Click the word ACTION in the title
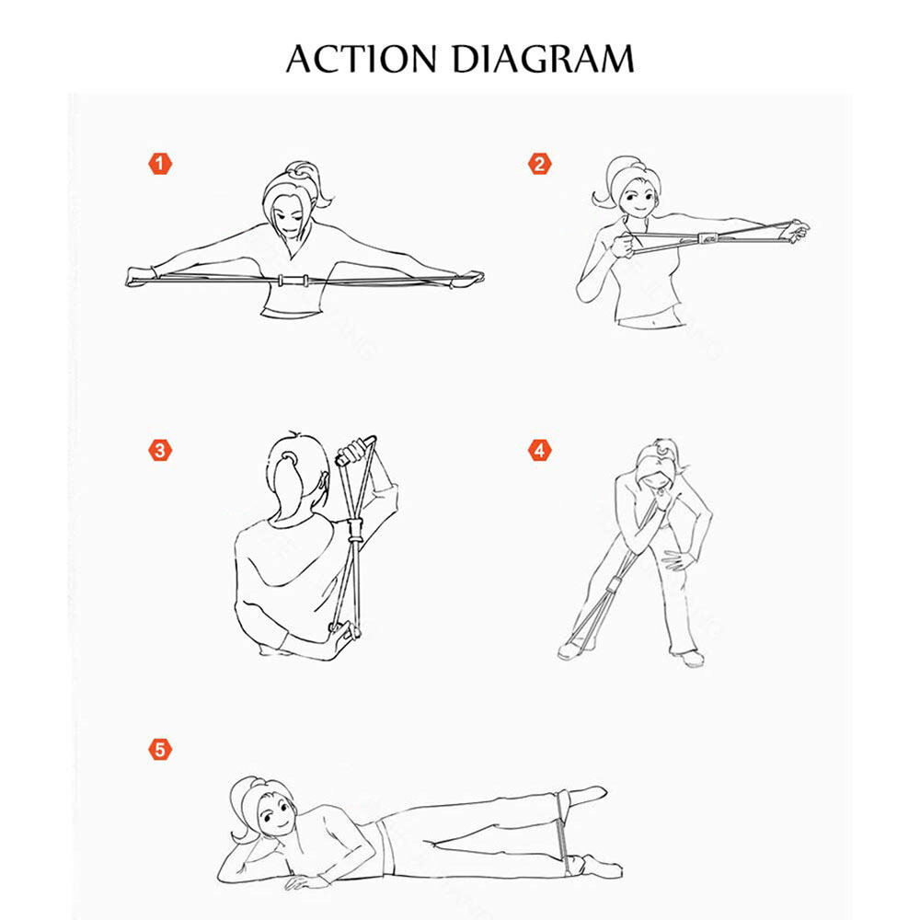(x=362, y=59)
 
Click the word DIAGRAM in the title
(x=544, y=59)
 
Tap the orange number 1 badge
(x=160, y=164)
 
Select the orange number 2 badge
(x=540, y=164)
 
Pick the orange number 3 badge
(x=160, y=451)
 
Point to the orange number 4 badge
(x=540, y=451)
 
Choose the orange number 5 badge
(x=160, y=750)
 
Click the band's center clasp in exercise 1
(x=293, y=280)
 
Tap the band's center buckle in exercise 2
(x=708, y=239)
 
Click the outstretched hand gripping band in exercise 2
(x=796, y=231)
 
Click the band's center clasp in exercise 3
(x=355, y=531)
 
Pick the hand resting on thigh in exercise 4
(x=679, y=561)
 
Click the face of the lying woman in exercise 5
(x=274, y=813)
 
